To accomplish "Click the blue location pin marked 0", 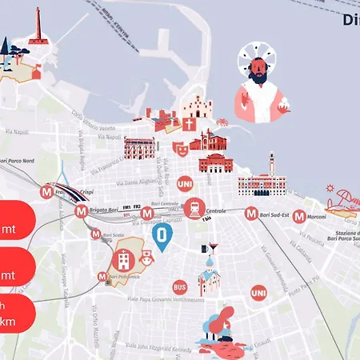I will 162,236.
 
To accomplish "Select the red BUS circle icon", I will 180,286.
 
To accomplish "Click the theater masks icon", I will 181,148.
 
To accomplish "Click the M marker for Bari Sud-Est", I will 251,214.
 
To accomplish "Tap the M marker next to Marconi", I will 298,216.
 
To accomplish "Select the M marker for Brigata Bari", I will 80,212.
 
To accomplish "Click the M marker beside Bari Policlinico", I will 102,277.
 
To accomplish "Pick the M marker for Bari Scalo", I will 96,236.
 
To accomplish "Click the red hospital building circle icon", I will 123,259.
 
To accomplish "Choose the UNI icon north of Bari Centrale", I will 184,182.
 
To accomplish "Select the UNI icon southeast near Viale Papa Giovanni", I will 258,294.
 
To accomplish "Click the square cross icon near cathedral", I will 189,125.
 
